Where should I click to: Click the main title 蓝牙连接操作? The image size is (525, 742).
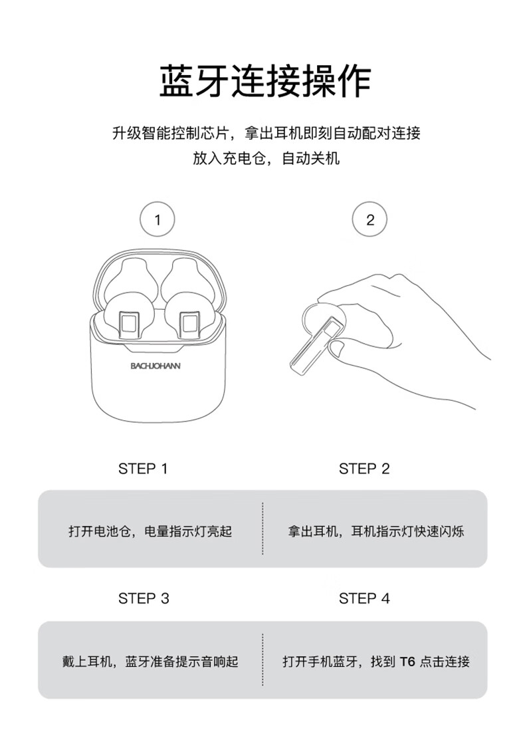265,81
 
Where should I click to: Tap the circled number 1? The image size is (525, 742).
157,219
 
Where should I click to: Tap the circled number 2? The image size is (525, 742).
370,219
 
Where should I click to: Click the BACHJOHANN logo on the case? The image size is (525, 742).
156,366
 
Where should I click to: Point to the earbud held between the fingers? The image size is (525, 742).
316,340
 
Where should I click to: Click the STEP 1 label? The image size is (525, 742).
143,469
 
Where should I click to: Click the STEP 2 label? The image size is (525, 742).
364,469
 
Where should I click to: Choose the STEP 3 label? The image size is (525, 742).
144,598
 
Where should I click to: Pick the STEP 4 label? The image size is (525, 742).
364,598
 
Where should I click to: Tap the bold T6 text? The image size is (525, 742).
407,661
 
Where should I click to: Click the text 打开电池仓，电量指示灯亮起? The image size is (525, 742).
150,531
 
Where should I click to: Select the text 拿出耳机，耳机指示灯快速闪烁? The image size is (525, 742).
376,531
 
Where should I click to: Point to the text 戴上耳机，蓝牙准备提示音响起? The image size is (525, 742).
150,661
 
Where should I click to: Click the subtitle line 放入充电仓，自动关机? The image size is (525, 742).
266,158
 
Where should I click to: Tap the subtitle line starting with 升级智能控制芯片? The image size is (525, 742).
266,133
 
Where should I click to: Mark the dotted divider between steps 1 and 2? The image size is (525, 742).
262,529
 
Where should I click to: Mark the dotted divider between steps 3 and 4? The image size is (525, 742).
262,659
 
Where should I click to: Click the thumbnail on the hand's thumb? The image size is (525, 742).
336,349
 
